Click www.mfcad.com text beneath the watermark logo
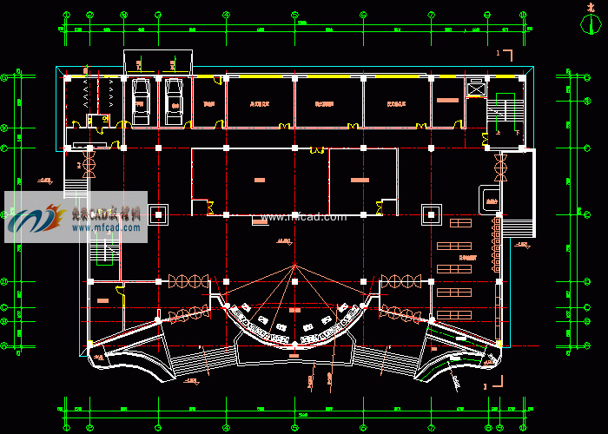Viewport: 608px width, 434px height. point(107,228)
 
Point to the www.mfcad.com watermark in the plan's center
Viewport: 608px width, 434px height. point(303,217)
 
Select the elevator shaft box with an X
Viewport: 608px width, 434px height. point(477,87)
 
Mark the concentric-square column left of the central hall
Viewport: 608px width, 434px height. point(159,214)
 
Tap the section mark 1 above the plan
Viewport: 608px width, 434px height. point(499,54)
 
